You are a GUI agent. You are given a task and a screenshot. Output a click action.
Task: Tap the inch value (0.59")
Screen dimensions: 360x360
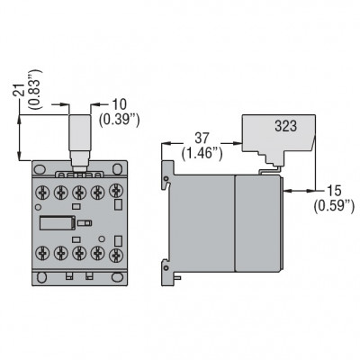click(x=333, y=207)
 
